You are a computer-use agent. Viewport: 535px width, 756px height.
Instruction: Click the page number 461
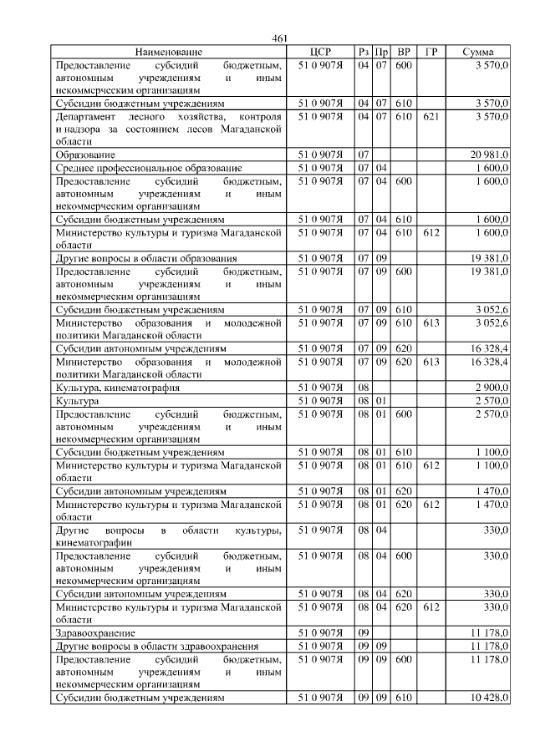[x=280, y=38]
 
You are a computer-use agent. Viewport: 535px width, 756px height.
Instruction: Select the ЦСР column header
[x=321, y=52]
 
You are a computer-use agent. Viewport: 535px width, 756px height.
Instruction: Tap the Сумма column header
[x=477, y=52]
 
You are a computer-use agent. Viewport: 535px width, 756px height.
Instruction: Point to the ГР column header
[x=431, y=52]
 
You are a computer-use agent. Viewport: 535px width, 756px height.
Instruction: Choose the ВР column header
[x=404, y=52]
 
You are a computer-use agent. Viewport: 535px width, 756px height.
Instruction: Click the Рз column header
[x=363, y=52]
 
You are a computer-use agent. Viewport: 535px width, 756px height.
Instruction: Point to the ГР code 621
[x=431, y=117]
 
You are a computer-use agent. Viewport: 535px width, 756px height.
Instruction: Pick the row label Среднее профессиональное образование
[x=148, y=168]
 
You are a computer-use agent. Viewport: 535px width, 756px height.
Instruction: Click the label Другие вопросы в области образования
[x=145, y=259]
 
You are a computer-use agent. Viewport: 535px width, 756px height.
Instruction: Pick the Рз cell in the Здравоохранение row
[x=363, y=633]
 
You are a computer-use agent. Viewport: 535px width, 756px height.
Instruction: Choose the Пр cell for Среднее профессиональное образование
[x=380, y=168]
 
